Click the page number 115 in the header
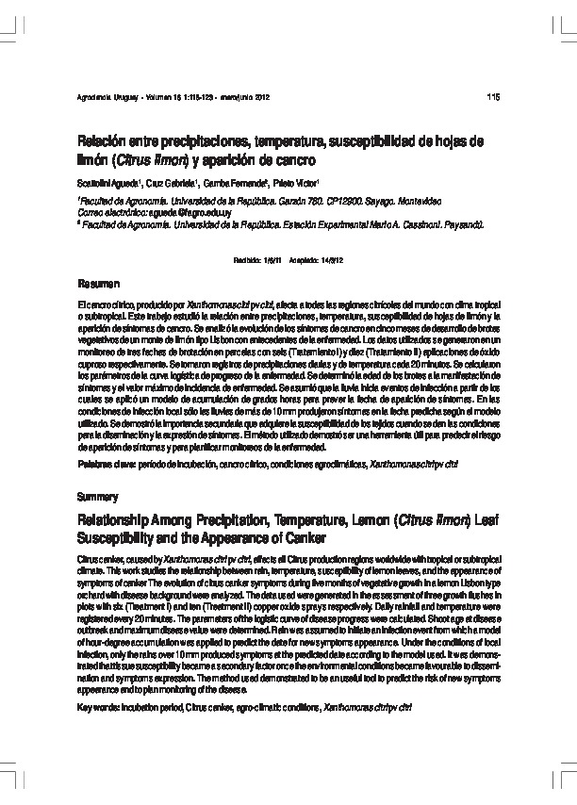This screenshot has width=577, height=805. click(x=492, y=98)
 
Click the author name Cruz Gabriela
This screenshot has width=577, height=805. click(x=173, y=183)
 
